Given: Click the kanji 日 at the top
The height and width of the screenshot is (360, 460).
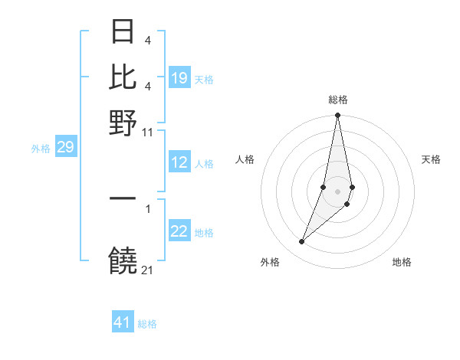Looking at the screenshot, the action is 123,31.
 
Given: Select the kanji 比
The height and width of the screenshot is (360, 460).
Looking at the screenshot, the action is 123,77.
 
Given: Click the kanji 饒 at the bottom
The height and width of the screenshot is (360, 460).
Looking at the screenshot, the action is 123,260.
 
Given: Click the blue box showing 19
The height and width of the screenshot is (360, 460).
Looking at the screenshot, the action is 179,78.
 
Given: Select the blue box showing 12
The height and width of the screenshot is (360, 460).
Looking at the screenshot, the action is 179,162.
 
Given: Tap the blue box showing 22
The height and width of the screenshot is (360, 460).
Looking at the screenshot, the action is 179,232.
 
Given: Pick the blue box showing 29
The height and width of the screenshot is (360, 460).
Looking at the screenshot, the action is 65,147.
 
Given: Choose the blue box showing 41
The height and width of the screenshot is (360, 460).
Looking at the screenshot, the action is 123,322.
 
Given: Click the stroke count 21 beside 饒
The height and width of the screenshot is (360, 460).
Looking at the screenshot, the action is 148,270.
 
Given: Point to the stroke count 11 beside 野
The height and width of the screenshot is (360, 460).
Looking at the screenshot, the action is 148,132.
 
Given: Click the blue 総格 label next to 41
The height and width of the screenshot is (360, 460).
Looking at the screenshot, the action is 147,324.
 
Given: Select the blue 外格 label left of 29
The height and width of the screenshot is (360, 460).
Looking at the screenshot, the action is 41,149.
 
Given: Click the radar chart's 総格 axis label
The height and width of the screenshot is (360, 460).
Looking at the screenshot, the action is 337,100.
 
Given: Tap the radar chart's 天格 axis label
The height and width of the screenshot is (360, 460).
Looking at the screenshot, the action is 431,159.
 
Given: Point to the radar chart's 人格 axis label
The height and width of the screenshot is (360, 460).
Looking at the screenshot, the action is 245,159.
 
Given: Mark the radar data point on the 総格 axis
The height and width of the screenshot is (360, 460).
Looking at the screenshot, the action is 337,116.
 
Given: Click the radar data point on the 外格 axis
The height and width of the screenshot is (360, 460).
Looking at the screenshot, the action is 302,242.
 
